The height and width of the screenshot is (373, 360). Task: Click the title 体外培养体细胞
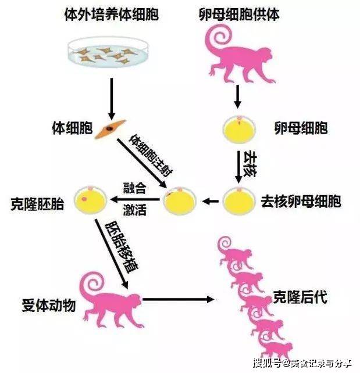[112, 15]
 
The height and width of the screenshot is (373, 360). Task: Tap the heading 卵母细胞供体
[239, 15]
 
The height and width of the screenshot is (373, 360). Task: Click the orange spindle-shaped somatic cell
[111, 129]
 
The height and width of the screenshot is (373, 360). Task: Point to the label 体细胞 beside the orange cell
[72, 128]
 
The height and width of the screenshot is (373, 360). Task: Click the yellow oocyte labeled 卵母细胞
[239, 130]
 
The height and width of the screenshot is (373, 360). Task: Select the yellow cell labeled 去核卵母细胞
[239, 201]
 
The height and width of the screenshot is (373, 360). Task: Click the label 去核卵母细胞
[301, 202]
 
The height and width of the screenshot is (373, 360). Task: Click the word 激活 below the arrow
[134, 210]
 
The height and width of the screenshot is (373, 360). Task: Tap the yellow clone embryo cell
[91, 200]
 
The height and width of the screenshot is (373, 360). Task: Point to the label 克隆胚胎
[38, 204]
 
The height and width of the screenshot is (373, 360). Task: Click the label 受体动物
[49, 305]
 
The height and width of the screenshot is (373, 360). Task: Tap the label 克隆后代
[300, 297]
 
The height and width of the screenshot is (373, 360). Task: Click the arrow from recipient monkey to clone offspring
[179, 299]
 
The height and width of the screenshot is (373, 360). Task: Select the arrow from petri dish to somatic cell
[112, 99]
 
